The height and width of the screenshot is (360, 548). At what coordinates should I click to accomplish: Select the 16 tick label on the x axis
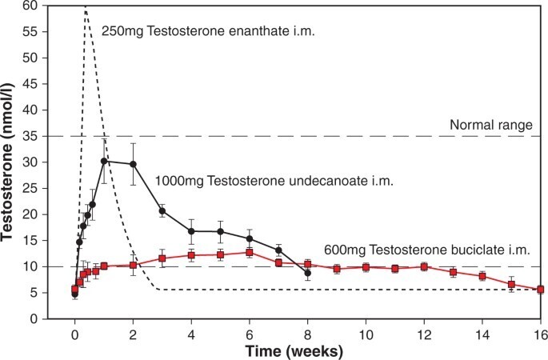pos(540,332)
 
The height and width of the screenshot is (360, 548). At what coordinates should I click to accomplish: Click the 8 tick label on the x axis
pos(307,332)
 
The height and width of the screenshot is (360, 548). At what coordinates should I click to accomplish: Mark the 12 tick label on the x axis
pos(424,332)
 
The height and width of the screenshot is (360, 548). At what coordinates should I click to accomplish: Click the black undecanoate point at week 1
pos(104,161)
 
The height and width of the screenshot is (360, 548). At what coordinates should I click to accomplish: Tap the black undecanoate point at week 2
pos(133,164)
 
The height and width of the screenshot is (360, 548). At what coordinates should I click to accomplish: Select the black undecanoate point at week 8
pos(307,273)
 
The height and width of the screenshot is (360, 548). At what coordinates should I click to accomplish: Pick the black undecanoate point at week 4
pos(191,231)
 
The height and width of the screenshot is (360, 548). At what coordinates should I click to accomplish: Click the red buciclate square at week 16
pos(540,290)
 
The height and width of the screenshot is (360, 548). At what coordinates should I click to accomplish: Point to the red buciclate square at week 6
pos(250,253)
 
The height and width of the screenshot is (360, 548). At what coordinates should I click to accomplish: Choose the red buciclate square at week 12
pos(424,266)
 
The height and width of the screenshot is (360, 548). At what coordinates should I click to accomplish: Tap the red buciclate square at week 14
pos(482,276)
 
